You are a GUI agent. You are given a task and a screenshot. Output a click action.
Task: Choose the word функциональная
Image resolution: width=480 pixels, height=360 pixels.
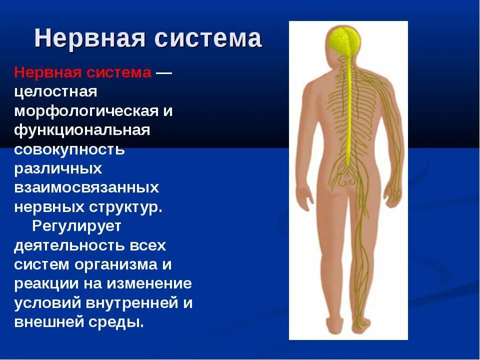tap(82, 130)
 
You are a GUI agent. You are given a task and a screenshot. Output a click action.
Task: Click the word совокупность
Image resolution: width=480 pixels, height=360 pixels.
tap(69, 149)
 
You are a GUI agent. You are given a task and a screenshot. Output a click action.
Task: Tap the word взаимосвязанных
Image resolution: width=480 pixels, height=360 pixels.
tap(86, 188)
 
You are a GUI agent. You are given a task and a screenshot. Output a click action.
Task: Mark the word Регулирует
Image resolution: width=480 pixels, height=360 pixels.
tap(77, 226)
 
